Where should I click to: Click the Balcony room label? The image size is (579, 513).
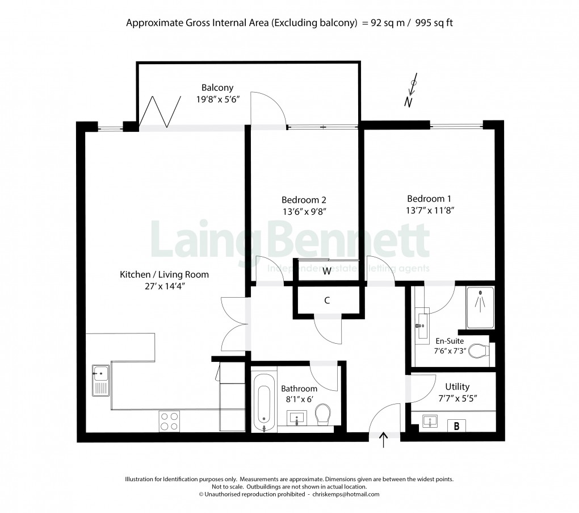tap(217, 88)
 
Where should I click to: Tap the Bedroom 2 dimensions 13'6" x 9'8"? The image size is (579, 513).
tap(304, 211)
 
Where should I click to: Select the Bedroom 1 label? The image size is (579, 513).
tap(429, 199)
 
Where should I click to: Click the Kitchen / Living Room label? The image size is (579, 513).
tap(164, 274)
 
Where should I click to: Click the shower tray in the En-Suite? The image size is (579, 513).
tap(480, 307)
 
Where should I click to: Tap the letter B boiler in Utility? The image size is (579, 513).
tap(456, 424)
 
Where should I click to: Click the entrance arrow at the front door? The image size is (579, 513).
tap(384, 440)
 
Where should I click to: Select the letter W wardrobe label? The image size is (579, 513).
tap(327, 272)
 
